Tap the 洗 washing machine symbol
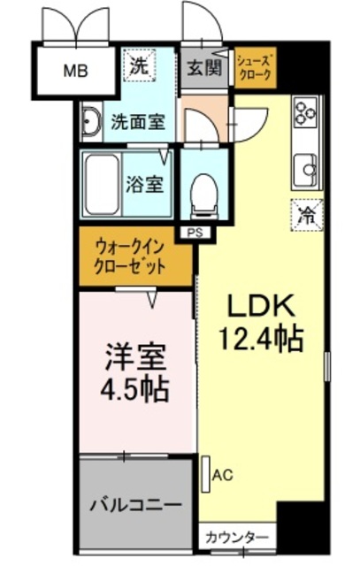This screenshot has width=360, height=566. (140, 65)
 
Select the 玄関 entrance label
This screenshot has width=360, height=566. (204, 67)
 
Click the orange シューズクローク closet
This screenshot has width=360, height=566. (256, 68)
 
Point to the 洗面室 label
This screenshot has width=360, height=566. (137, 122)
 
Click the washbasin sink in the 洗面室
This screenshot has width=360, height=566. (92, 124)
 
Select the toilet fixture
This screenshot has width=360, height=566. (203, 189)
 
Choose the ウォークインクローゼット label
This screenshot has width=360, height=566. (134, 257)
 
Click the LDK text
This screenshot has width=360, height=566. (263, 306)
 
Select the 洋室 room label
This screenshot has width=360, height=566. (134, 356)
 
